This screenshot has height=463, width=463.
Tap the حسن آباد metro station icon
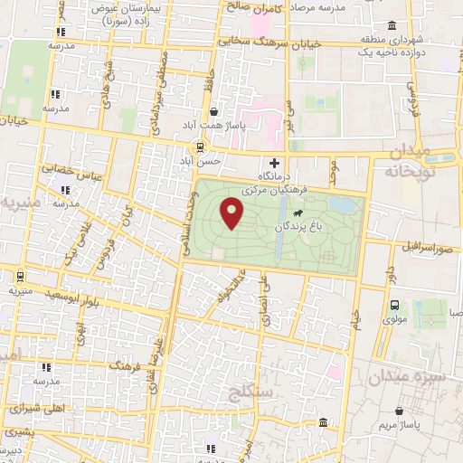point(202,146)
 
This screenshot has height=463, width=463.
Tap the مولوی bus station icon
point(394,305)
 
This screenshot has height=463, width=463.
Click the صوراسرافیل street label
point(421,246)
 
